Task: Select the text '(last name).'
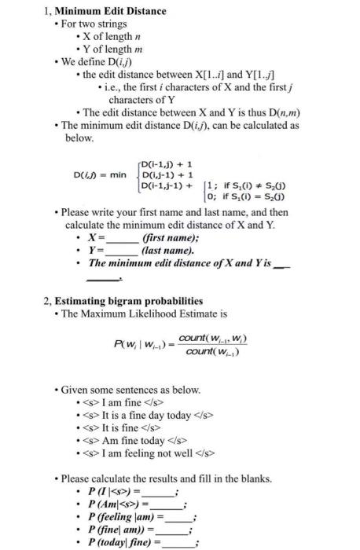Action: [168, 251]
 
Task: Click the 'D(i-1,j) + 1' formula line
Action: [167, 164]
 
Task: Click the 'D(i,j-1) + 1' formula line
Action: [167, 174]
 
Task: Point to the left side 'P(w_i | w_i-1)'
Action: [142, 344]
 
